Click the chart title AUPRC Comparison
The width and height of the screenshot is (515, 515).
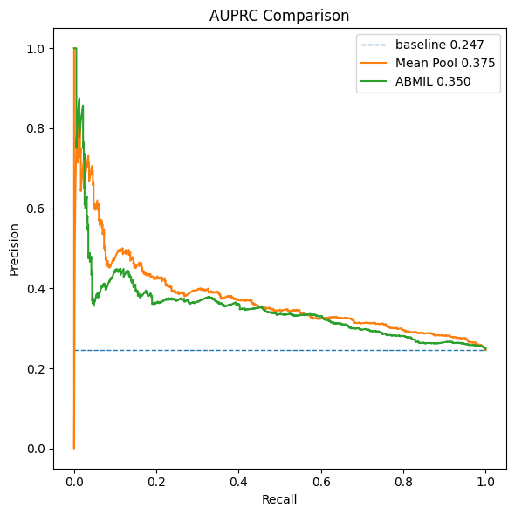[279, 16]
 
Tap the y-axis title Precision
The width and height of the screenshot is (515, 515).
[15, 249]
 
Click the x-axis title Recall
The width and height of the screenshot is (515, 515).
[279, 499]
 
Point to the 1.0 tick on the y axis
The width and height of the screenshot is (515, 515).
[35, 49]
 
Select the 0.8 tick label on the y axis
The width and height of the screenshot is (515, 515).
[35, 128]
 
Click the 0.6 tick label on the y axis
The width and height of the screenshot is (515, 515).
[35, 209]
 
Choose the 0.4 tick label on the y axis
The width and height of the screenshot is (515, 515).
[35, 289]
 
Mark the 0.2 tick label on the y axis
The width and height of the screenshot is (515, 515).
[35, 368]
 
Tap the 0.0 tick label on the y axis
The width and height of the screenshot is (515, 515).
[35, 449]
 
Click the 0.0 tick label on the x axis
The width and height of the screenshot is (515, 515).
[74, 480]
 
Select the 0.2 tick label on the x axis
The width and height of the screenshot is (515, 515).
[156, 480]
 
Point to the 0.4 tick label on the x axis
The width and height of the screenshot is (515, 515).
[239, 480]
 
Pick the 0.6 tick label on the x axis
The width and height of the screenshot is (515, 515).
[321, 480]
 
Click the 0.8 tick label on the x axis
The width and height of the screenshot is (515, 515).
[404, 480]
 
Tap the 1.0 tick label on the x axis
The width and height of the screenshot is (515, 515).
[486, 480]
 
